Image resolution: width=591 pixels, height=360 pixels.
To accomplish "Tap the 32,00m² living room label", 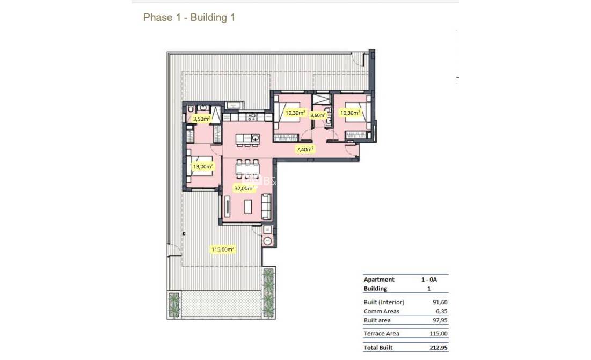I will pyautogui.click(x=243, y=188).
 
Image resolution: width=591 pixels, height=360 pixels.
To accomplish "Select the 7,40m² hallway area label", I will pyautogui.click(x=304, y=150).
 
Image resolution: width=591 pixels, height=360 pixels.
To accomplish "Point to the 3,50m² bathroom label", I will pyautogui.click(x=201, y=119).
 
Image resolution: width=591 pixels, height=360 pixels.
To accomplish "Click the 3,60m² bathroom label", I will pyautogui.click(x=319, y=115).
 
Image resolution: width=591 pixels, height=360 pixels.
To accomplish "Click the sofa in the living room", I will pyautogui.click(x=266, y=206).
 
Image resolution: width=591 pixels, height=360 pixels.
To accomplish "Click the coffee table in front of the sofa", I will pyautogui.click(x=248, y=206).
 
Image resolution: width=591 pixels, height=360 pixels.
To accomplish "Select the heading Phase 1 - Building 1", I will pyautogui.click(x=189, y=18).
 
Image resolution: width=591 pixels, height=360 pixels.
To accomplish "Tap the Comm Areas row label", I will pyautogui.click(x=381, y=311).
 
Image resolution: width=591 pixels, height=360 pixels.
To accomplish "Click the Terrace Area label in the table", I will pyautogui.click(x=382, y=334).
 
